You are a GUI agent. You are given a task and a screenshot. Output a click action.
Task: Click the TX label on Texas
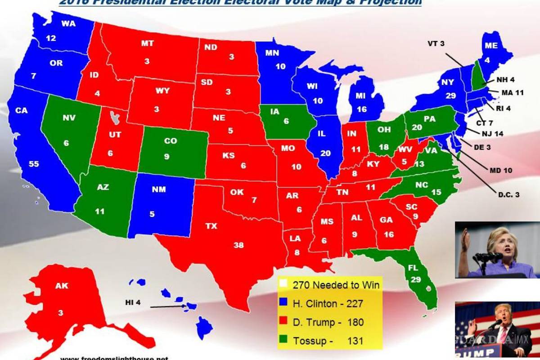coord(211,226)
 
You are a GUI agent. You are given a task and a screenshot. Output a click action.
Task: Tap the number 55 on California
coord(34,164)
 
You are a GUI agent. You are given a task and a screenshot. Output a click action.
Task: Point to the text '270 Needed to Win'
coord(336,285)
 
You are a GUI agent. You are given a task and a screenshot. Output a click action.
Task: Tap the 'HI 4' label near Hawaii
coord(133,303)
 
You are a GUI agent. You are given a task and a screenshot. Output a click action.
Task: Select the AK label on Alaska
coord(62,286)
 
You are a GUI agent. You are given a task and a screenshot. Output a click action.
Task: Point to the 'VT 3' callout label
coord(436,44)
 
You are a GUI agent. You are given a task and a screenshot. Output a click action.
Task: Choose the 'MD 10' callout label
coord(501,171)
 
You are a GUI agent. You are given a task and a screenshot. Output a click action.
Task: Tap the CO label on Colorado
coord(170,141)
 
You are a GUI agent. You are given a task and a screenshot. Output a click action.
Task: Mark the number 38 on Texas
coord(238,245)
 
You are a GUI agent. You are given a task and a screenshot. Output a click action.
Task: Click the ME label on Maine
coord(491,45)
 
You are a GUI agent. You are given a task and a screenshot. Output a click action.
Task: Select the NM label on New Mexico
coord(158,189)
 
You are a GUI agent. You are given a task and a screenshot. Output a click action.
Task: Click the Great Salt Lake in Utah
coord(116,119)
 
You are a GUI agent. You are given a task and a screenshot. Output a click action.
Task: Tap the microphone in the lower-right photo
coord(496,324)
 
